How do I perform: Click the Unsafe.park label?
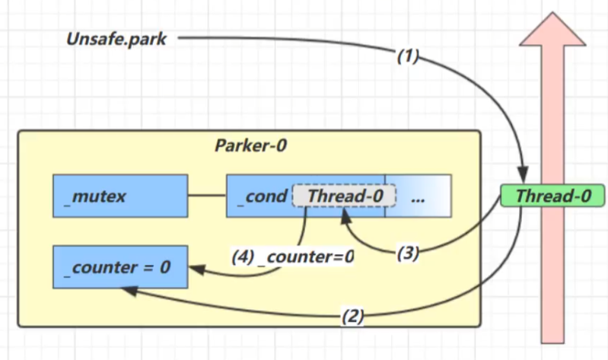click(x=116, y=39)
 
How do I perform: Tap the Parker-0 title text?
click(x=251, y=145)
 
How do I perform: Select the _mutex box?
click(x=120, y=196)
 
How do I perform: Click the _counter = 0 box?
click(x=120, y=267)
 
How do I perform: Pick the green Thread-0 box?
click(x=552, y=196)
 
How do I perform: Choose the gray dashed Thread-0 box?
click(x=344, y=196)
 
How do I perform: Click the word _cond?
click(x=262, y=196)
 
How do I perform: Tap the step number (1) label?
click(x=408, y=56)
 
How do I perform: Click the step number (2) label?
click(x=352, y=316)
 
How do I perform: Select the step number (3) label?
click(x=408, y=253)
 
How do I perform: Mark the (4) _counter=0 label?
click(x=293, y=256)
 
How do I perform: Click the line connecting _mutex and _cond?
click(x=208, y=195)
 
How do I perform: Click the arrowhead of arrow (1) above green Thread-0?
click(x=523, y=174)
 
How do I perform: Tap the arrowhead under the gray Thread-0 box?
click(x=345, y=216)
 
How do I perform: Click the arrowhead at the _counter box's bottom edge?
click(x=129, y=291)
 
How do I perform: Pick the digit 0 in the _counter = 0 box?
click(x=165, y=267)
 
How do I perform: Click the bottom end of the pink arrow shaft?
click(x=552, y=343)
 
